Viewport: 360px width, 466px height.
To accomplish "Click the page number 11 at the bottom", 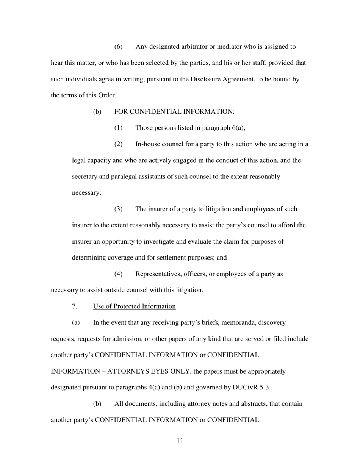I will [x=180, y=441].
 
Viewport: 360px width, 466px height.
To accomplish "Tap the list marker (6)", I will [x=119, y=47].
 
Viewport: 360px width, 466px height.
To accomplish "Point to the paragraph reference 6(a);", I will [x=238, y=128].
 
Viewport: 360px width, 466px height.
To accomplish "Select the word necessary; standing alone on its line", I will [x=86, y=192].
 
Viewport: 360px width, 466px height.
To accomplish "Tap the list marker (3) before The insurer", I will [x=119, y=209].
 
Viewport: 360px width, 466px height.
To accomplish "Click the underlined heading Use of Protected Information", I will [x=134, y=306].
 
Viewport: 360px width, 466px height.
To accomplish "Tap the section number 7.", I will [x=75, y=306].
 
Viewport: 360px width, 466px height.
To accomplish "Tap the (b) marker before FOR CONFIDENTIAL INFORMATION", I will [x=97, y=112].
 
